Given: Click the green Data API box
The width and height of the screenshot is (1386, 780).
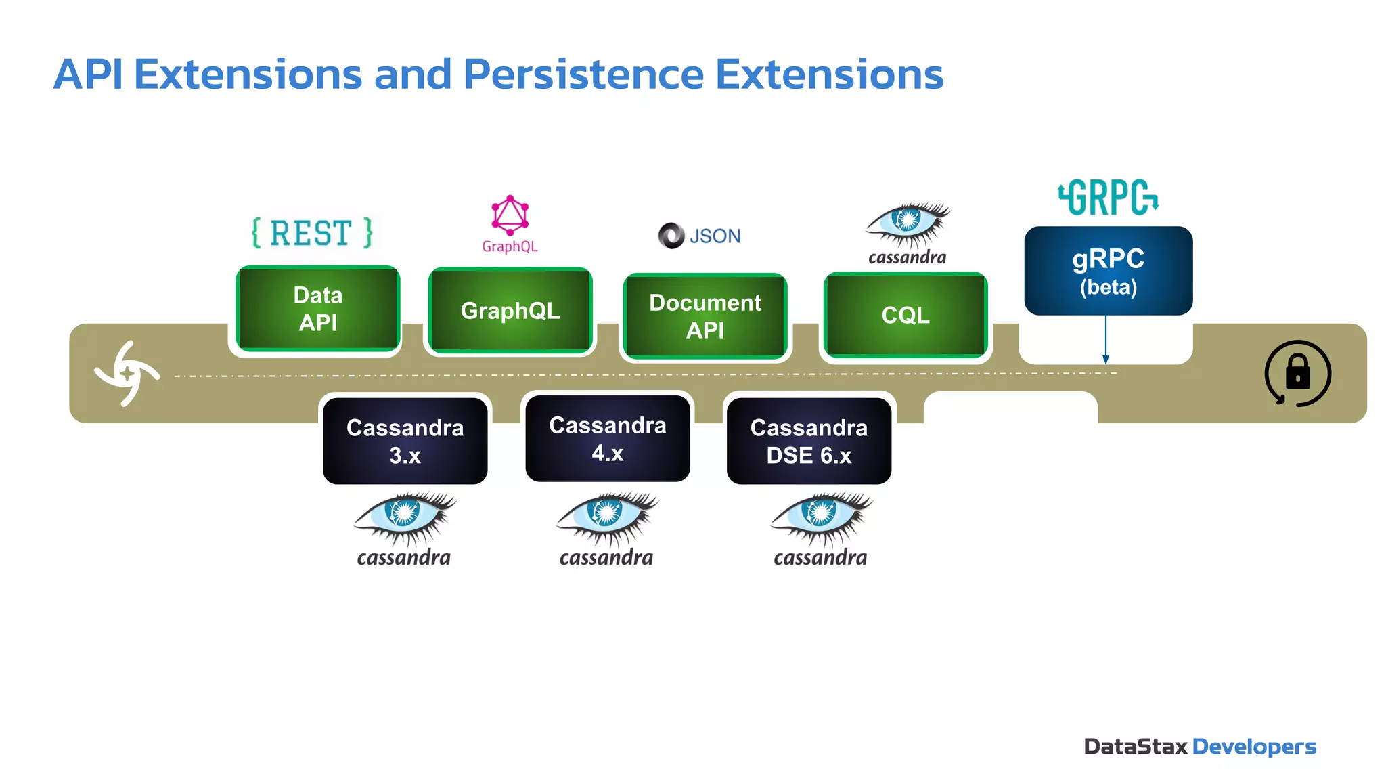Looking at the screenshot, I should click(317, 309).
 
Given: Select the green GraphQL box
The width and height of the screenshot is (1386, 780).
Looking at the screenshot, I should click(510, 311).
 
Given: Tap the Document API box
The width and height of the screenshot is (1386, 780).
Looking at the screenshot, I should click(705, 316).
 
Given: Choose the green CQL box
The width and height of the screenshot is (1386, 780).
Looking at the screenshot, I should click(905, 315).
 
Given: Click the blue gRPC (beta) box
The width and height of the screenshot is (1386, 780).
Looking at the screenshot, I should click(1108, 271).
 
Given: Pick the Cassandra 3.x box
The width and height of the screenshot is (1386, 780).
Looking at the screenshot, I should click(405, 441).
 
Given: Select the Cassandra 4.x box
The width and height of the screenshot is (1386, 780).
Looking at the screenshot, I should click(607, 439).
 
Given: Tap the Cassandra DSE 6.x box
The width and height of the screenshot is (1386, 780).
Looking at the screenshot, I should click(809, 441).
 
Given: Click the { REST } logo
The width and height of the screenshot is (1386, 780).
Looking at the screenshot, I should click(312, 233).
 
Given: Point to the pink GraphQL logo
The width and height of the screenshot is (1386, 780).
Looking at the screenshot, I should click(510, 224).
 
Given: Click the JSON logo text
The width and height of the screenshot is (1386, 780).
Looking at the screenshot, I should click(714, 236).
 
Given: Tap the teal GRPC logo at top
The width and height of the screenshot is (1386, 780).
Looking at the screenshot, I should click(1108, 198).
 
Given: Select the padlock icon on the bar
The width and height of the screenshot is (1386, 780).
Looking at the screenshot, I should click(1297, 373).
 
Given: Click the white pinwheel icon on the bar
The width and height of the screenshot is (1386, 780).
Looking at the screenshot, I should click(127, 373).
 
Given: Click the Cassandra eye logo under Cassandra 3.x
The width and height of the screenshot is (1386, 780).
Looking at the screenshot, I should click(404, 528).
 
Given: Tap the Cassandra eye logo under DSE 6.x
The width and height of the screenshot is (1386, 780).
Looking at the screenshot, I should click(820, 528).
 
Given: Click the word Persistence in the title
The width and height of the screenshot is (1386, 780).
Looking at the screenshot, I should click(583, 74).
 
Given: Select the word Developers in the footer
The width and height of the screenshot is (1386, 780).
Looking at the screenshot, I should click(1253, 746).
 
